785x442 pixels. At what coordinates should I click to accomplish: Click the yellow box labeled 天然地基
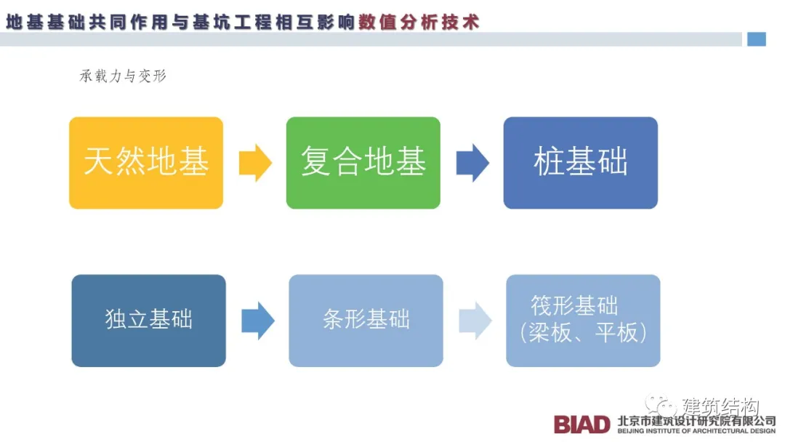(x=146, y=163)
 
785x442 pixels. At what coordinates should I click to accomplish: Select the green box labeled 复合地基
(x=363, y=163)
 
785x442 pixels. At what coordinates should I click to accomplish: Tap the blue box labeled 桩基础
(x=580, y=163)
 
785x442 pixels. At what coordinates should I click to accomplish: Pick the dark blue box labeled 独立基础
(x=148, y=320)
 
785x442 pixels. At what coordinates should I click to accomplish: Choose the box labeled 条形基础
(x=366, y=320)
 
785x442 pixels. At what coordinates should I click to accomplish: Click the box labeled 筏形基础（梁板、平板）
(x=583, y=320)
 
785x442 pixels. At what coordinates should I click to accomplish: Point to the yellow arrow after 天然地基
(x=255, y=163)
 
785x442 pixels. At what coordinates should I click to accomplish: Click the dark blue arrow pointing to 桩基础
(x=472, y=163)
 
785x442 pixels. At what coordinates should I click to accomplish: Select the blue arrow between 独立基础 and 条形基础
(x=257, y=321)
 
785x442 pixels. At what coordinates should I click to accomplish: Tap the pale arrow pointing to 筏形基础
(x=475, y=321)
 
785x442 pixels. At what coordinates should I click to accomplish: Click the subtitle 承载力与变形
(x=123, y=76)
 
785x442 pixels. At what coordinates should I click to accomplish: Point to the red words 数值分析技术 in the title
(x=419, y=22)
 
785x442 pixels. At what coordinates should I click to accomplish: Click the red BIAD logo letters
(x=582, y=424)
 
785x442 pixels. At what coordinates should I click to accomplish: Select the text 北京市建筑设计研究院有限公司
(x=696, y=420)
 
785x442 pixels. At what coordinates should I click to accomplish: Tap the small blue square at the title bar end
(x=757, y=39)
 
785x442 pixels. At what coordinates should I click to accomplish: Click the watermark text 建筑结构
(x=720, y=406)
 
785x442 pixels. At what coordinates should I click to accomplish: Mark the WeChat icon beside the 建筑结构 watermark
(x=661, y=406)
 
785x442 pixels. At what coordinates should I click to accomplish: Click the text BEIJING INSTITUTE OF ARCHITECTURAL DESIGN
(x=696, y=431)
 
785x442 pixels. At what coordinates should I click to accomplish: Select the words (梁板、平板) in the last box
(x=583, y=332)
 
